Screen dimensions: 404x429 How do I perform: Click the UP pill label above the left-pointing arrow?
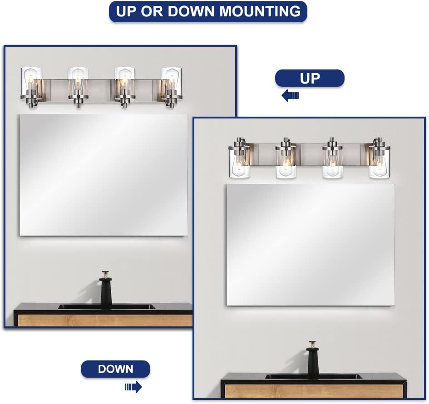pos(310,78)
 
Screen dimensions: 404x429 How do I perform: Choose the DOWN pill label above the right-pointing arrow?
pos(115,369)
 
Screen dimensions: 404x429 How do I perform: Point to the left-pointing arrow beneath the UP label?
pos(290,95)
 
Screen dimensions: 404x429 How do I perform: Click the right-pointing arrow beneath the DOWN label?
pos(133,387)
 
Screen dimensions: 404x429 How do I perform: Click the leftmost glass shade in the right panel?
pos(239,163)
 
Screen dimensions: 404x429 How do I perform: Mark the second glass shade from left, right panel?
pos(286,163)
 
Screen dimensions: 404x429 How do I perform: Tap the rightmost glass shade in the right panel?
pos(379,163)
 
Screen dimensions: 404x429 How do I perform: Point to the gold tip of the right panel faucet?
pos(312,344)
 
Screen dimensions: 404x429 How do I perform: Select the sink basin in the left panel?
pos(106,307)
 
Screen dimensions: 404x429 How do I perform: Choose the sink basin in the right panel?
pos(313,376)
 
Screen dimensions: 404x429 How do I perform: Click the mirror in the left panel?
pos(104,175)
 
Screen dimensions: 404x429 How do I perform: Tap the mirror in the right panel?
pos(311,245)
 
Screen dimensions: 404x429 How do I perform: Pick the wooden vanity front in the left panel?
pos(104,320)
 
